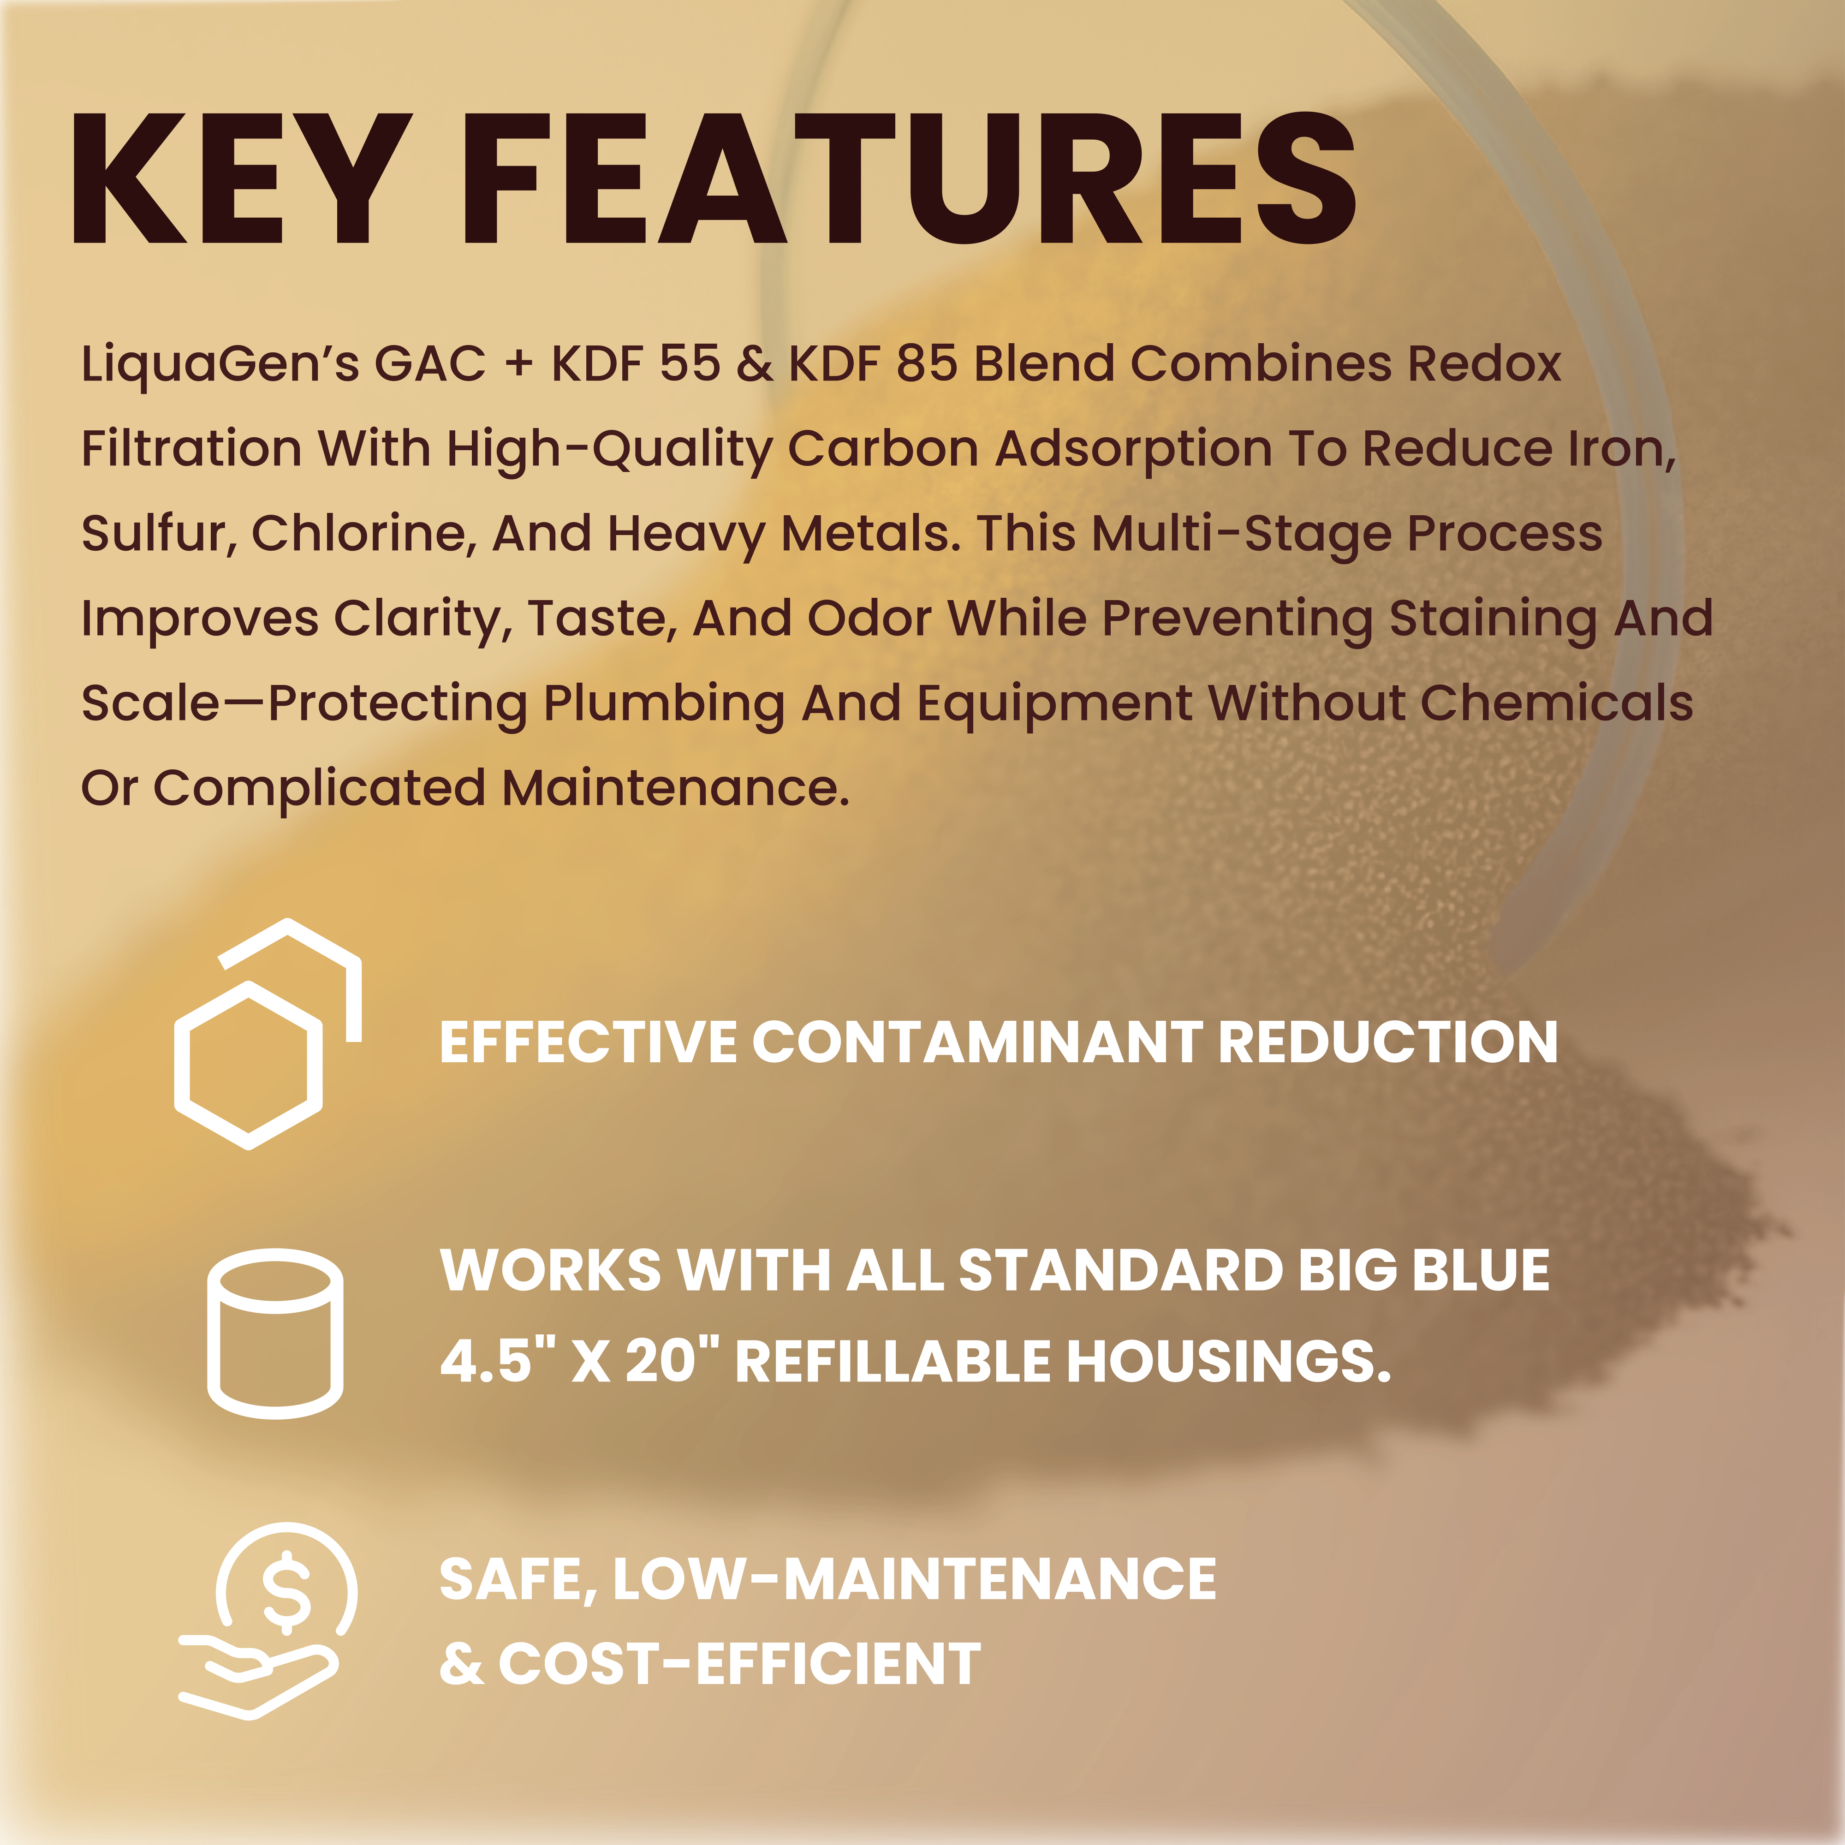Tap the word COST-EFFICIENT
[x=738, y=1665]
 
